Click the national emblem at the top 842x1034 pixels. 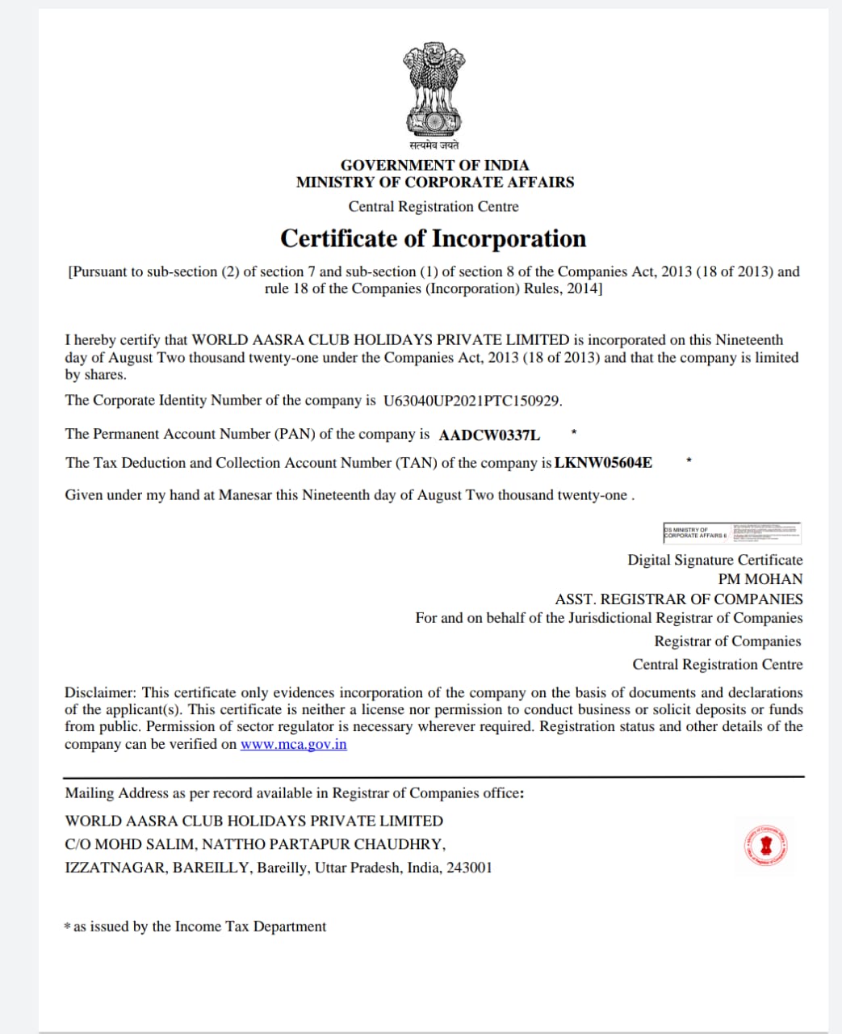[x=434, y=90]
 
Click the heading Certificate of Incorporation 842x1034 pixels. [x=433, y=239]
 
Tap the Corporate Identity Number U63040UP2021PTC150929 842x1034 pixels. [x=472, y=401]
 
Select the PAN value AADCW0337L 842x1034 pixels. [x=489, y=435]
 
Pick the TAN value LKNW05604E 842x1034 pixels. [x=603, y=463]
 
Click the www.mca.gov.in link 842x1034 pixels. [x=293, y=744]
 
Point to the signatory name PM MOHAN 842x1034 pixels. [x=760, y=579]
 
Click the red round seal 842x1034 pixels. [x=765, y=846]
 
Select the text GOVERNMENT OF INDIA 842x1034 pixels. [x=434, y=165]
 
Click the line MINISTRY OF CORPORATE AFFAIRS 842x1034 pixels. [x=434, y=182]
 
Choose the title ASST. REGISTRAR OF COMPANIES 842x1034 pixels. [x=678, y=599]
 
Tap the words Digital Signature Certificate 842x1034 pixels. [x=714, y=560]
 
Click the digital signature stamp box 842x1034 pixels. [x=731, y=532]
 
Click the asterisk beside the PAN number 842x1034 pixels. [x=572, y=432]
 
